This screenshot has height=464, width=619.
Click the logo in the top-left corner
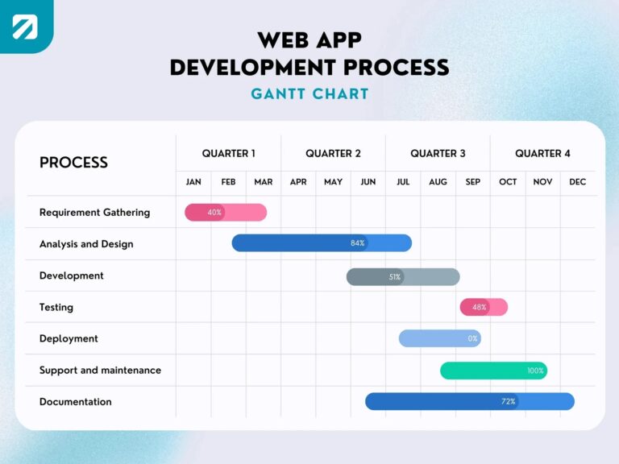pyautogui.click(x=25, y=26)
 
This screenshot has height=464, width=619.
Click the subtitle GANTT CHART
pyautogui.click(x=309, y=93)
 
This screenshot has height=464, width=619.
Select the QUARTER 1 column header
pyautogui.click(x=228, y=153)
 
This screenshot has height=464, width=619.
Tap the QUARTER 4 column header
pyautogui.click(x=542, y=153)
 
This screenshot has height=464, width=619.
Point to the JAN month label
pyautogui.click(x=193, y=182)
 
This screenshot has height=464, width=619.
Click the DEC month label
pyautogui.click(x=577, y=182)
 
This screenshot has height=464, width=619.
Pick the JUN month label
pyautogui.click(x=368, y=182)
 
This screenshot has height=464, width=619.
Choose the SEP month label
pyautogui.click(x=473, y=182)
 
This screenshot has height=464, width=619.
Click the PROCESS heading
pyautogui.click(x=73, y=162)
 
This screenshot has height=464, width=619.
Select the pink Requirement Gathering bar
pyautogui.click(x=226, y=213)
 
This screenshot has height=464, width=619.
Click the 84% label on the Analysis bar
pyautogui.click(x=357, y=243)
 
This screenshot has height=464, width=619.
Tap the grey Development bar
pyautogui.click(x=403, y=276)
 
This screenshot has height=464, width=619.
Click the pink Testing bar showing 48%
pyautogui.click(x=484, y=307)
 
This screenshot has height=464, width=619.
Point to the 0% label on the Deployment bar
pyautogui.click(x=472, y=338)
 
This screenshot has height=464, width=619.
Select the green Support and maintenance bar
pyautogui.click(x=493, y=371)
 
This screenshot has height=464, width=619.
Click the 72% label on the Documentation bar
pyautogui.click(x=508, y=401)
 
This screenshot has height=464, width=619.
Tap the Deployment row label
pyautogui.click(x=69, y=339)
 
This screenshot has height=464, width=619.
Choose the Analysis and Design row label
pyautogui.click(x=86, y=244)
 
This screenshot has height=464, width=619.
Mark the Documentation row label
pyautogui.click(x=76, y=402)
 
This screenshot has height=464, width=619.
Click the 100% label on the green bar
pyautogui.click(x=535, y=371)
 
